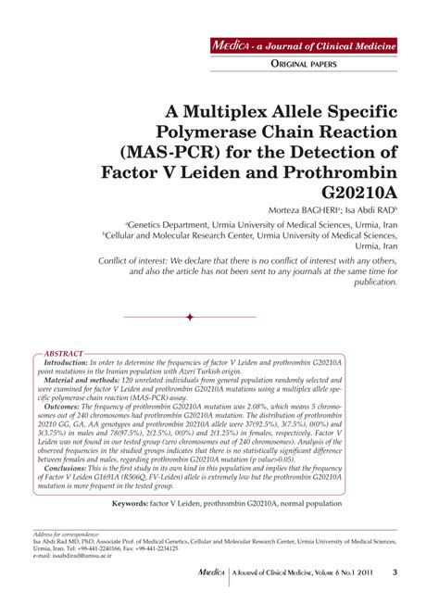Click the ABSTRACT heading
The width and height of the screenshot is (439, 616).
(x=65, y=354)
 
